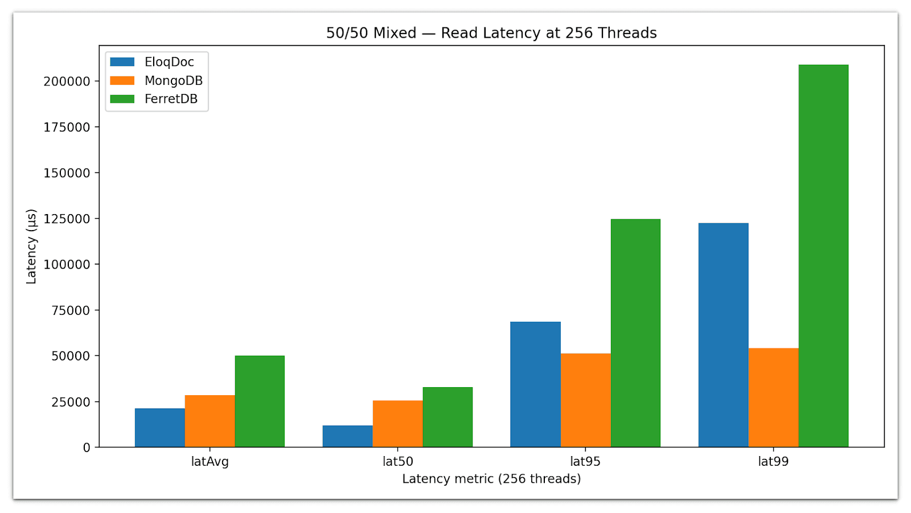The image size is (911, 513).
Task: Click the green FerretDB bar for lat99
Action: point(823,256)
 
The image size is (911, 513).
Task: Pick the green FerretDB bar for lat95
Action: point(635,333)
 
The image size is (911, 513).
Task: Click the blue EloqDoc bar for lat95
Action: point(535,384)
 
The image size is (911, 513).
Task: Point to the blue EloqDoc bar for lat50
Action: point(347,436)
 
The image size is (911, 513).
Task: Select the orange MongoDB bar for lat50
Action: point(397,424)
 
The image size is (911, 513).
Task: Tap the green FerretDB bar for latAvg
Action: point(260,401)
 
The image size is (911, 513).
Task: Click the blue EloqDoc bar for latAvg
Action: point(159,428)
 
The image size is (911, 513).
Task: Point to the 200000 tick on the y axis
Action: point(67,81)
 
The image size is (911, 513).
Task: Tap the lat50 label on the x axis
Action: point(397,462)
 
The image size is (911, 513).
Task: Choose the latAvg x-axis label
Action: point(210,462)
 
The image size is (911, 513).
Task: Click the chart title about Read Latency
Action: point(491,33)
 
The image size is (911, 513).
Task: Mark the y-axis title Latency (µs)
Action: point(31,246)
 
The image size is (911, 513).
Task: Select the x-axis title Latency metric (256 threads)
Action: point(491,479)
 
